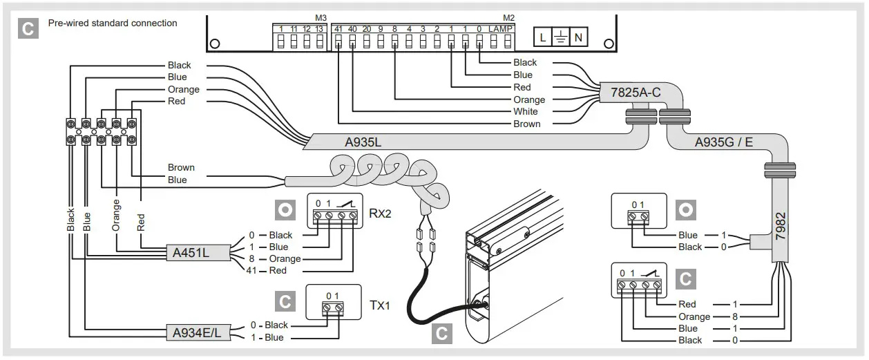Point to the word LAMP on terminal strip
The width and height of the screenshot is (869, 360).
(x=501, y=28)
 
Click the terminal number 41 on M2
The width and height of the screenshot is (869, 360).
(x=338, y=28)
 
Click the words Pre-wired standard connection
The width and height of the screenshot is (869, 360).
(x=113, y=23)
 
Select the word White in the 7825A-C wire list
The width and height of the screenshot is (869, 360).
(x=525, y=112)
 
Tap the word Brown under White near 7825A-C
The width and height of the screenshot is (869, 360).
(x=527, y=124)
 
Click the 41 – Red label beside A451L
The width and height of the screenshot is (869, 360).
(x=269, y=271)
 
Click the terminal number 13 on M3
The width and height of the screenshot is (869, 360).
(x=319, y=28)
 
